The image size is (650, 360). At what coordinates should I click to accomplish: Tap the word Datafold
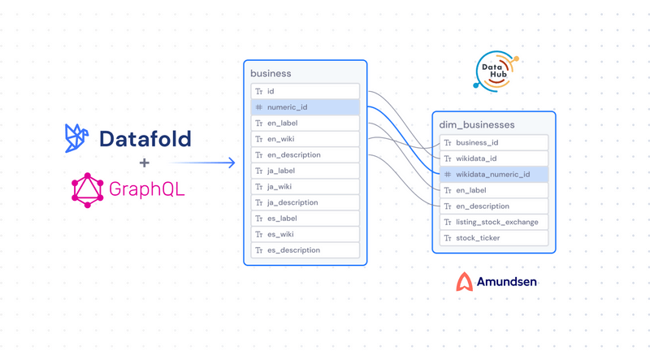[145, 139]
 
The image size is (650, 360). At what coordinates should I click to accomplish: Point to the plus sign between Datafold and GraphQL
[145, 163]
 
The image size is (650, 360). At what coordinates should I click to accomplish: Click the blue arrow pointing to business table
[203, 163]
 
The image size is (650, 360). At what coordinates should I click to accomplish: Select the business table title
[271, 73]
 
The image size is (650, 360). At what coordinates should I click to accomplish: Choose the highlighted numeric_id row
[305, 107]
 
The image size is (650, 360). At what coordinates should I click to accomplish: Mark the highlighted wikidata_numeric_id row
[493, 174]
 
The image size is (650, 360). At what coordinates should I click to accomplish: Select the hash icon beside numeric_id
[258, 107]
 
